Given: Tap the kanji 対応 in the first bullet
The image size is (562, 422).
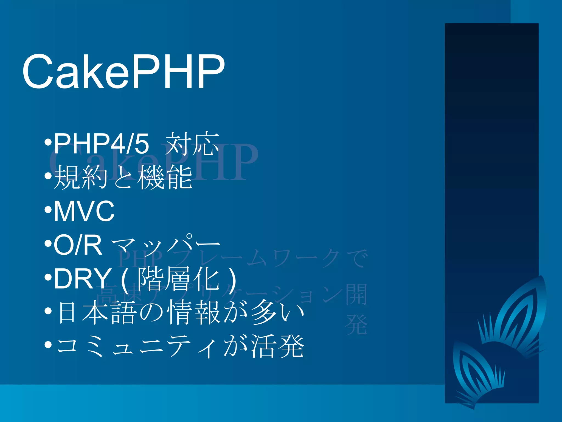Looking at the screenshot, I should pos(192,143).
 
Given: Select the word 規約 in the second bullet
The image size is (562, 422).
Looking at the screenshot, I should pos(80,177).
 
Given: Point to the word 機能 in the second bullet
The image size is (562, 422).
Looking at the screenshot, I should pos(165,177).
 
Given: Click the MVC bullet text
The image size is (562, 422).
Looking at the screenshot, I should pos(84,211).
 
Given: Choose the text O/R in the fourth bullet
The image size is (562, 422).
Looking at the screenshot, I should pos(78,245).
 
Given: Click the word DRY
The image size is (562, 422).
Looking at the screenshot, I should pos(82,279).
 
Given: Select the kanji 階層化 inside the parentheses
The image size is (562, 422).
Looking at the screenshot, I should pos(178,279).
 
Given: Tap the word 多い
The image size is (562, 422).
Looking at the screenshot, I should pos(277,312).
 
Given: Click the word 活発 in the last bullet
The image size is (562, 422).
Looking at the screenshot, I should pos(277,346).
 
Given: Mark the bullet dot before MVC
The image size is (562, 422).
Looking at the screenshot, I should pos(48,210).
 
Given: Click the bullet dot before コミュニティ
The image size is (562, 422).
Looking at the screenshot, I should pos(48,345).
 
